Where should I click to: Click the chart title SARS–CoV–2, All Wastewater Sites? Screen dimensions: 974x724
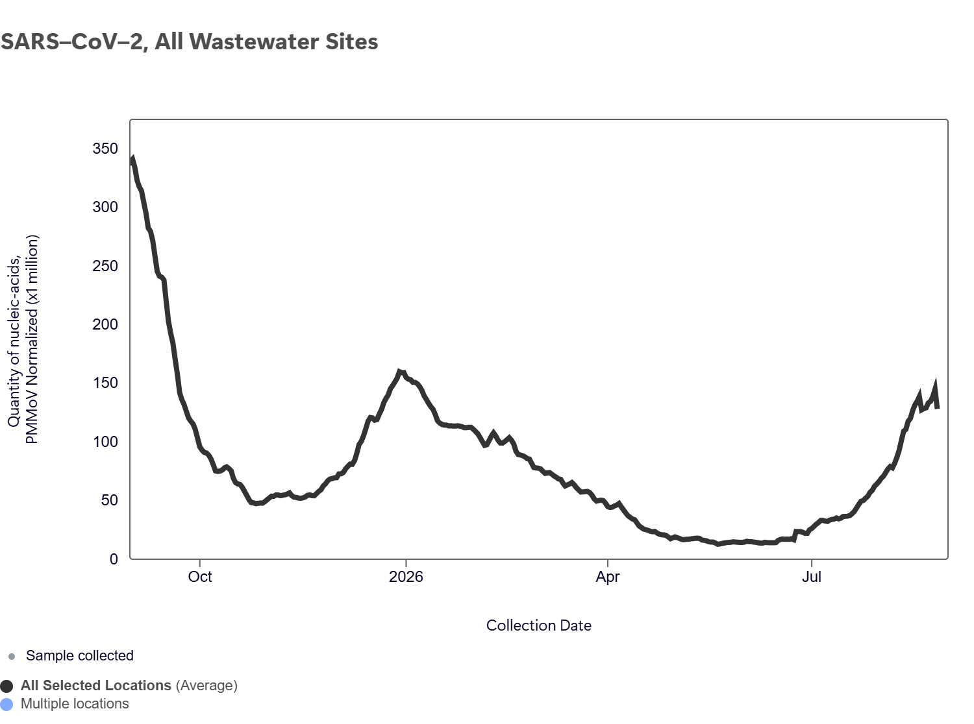click(189, 42)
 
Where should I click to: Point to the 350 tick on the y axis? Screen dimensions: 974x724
click(105, 149)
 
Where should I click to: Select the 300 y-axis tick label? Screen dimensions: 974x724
click(105, 207)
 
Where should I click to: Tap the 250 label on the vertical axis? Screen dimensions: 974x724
click(105, 266)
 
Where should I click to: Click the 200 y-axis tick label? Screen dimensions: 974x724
click(105, 324)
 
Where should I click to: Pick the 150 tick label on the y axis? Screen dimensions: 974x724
click(105, 383)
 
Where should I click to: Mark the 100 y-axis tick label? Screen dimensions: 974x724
click(105, 441)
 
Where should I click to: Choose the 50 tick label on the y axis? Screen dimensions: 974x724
click(109, 500)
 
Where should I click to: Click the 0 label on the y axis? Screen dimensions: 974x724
click(114, 559)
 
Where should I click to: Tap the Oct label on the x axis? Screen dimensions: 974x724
click(200, 577)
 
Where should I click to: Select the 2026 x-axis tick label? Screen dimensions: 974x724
click(406, 577)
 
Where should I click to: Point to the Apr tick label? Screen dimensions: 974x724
click(607, 577)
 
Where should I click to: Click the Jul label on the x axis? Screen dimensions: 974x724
click(811, 577)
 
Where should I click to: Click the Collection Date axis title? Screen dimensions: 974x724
click(538, 625)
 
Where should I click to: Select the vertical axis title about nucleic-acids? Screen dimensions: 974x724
click(23, 339)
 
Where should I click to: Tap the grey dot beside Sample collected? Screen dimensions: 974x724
click(12, 657)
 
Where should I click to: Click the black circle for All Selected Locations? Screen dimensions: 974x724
click(6, 686)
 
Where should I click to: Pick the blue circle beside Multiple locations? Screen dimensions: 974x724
click(6, 705)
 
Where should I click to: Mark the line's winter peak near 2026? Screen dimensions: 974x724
click(399, 372)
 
